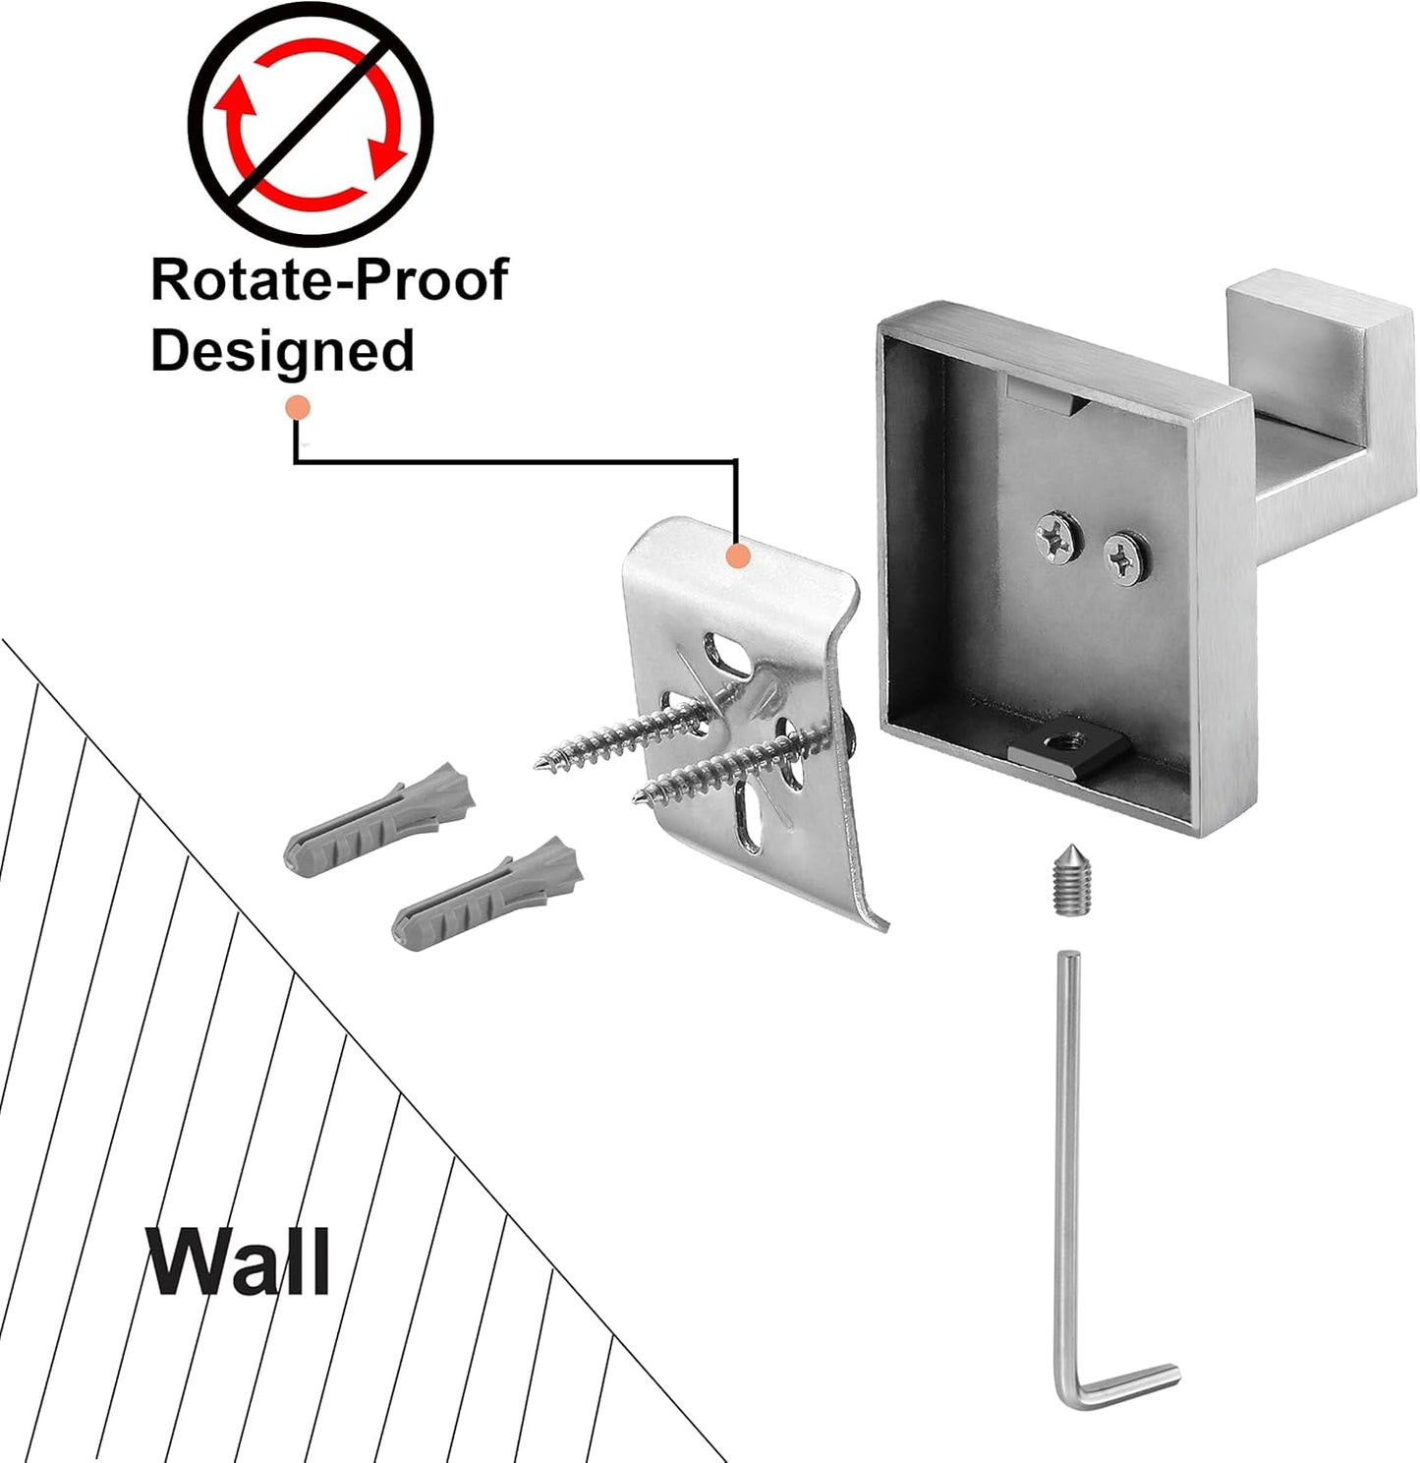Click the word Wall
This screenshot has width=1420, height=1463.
click(x=238, y=1261)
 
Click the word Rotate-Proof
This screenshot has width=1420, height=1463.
click(x=328, y=280)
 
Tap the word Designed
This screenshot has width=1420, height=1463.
click(x=282, y=351)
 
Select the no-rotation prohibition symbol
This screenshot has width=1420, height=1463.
click(x=311, y=123)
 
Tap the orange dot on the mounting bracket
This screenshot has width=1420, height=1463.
click(x=737, y=556)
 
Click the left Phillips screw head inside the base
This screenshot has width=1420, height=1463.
click(x=1056, y=536)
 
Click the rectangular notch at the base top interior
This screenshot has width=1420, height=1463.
click(x=1044, y=395)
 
